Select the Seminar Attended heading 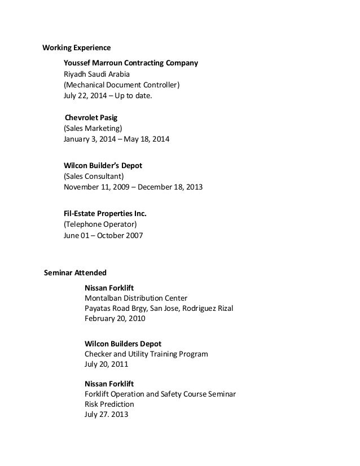point(75,273)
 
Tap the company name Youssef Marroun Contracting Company point(131,62)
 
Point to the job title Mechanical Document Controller point(121,85)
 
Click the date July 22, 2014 point(85,96)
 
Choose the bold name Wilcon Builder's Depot point(103,165)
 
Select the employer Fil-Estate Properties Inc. point(106,214)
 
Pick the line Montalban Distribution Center point(136,298)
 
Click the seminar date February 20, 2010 point(115,319)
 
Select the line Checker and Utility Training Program point(146,354)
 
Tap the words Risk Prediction point(109,405)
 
